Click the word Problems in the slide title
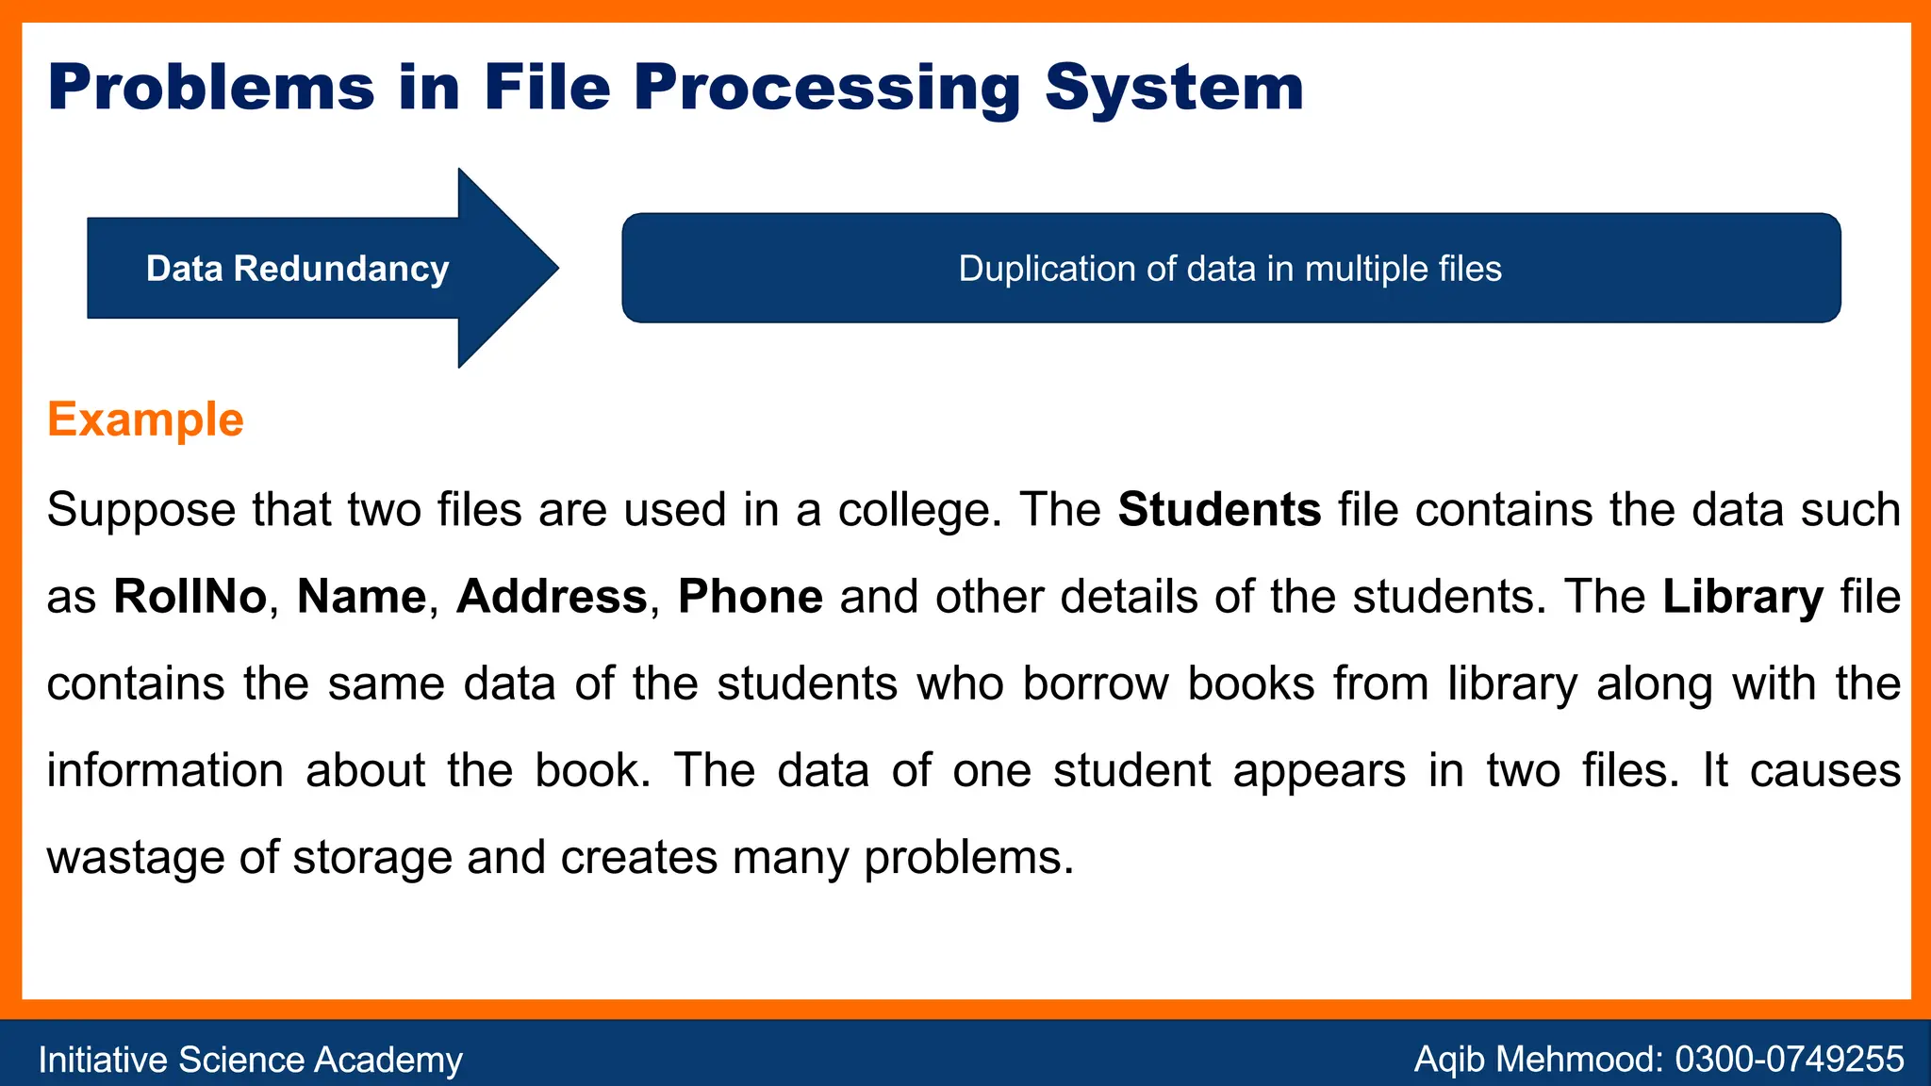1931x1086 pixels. [x=211, y=88]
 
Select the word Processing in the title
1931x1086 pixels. [x=827, y=88]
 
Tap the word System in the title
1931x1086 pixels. [x=1174, y=88]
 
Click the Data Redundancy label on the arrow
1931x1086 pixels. [x=297, y=269]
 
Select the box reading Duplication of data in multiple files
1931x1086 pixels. [x=1230, y=269]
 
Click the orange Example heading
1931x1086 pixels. [x=145, y=420]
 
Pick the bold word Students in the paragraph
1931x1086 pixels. [x=1219, y=510]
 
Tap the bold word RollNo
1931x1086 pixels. [x=190, y=597]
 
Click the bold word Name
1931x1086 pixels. [x=361, y=597]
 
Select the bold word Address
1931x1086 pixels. [x=552, y=597]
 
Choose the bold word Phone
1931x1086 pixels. [x=751, y=597]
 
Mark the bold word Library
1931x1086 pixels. [x=1742, y=597]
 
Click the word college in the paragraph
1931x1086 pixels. [x=915, y=510]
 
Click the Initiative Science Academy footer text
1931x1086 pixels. [x=250, y=1060]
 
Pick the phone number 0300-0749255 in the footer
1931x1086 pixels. [x=1789, y=1060]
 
